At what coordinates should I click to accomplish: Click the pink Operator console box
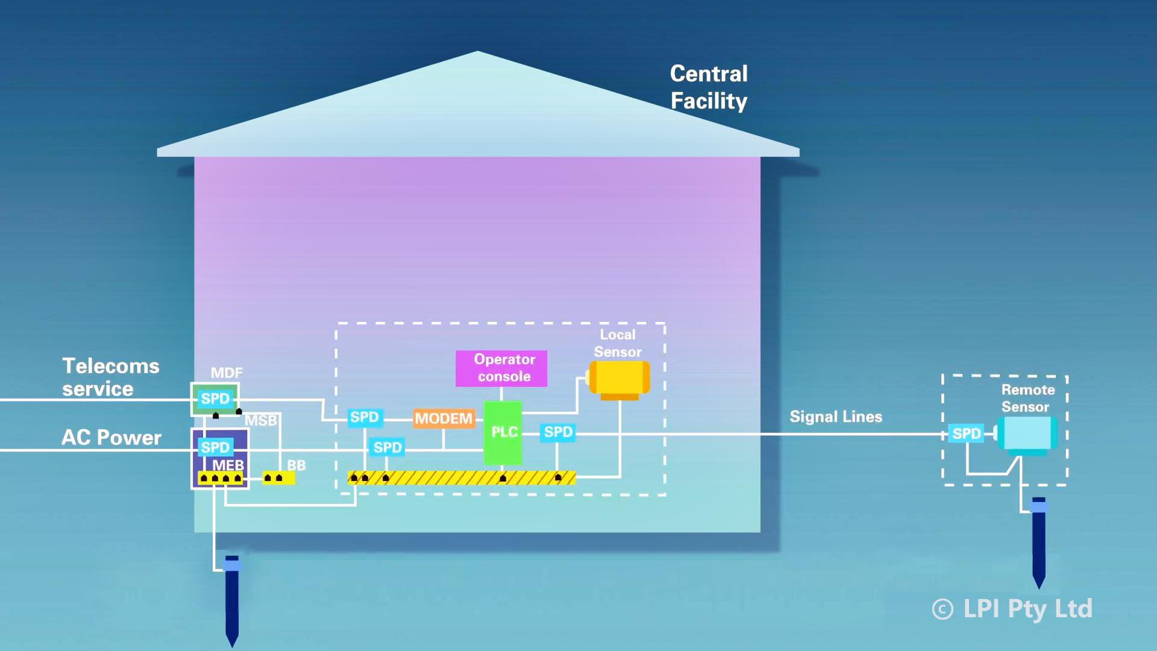click(501, 368)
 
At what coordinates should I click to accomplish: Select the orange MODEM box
click(444, 418)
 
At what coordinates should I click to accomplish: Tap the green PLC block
click(503, 432)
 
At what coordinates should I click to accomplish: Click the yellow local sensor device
click(619, 379)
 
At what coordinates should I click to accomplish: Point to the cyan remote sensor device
click(1027, 433)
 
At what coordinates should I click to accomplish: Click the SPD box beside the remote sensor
click(966, 433)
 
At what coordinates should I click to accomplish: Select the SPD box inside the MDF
click(215, 398)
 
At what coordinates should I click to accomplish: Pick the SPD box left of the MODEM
click(364, 417)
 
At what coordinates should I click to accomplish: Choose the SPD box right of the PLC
click(558, 432)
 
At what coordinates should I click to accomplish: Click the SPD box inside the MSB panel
click(215, 447)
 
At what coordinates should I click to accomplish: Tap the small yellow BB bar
click(278, 478)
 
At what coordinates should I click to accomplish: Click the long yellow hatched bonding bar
click(462, 478)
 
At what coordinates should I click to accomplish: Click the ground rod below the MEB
click(232, 600)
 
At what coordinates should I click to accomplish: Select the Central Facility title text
click(709, 87)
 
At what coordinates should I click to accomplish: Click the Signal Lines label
click(836, 417)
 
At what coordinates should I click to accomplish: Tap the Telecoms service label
click(111, 377)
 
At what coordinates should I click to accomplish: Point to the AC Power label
click(111, 438)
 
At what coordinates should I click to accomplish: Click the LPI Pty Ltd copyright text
click(1012, 609)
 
